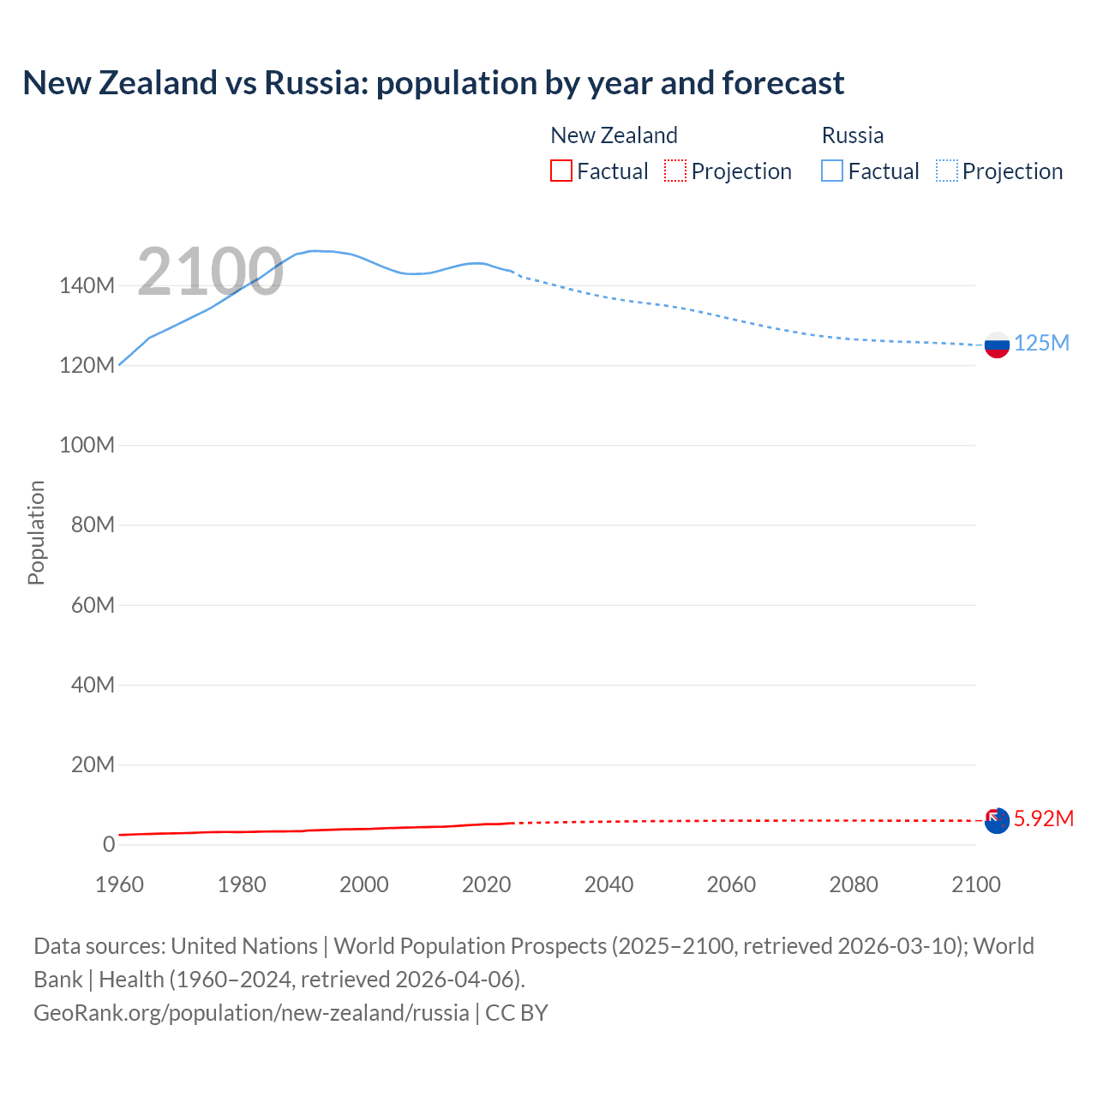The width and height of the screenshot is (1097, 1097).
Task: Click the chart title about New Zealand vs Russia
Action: pyautogui.click(x=433, y=83)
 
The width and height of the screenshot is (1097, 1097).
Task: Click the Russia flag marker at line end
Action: pyautogui.click(x=997, y=345)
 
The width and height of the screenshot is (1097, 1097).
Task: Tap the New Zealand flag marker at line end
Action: pyautogui.click(x=997, y=820)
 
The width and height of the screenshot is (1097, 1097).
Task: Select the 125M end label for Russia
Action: pyautogui.click(x=1041, y=344)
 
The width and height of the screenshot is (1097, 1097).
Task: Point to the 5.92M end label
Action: pyautogui.click(x=1043, y=818)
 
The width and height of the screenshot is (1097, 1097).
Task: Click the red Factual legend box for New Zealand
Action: pyautogui.click(x=561, y=171)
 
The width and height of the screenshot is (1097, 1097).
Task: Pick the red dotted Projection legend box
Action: pyautogui.click(x=675, y=171)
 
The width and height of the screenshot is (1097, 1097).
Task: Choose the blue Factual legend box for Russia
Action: pyautogui.click(x=832, y=171)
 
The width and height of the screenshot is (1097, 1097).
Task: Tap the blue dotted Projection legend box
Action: pyautogui.click(x=947, y=171)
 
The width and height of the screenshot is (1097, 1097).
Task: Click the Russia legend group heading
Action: pyautogui.click(x=852, y=135)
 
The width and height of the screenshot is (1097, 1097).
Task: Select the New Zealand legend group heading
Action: pyautogui.click(x=614, y=135)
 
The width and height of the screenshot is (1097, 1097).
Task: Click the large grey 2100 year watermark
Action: pyautogui.click(x=210, y=272)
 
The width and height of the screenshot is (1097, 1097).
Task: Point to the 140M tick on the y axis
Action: pyautogui.click(x=87, y=285)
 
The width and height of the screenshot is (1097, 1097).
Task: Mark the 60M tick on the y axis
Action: pyautogui.click(x=92, y=605)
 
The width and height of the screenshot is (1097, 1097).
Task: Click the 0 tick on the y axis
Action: pyautogui.click(x=108, y=844)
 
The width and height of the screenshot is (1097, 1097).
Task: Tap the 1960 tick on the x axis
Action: pyautogui.click(x=119, y=884)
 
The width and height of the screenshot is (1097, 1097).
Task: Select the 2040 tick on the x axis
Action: pyautogui.click(x=608, y=884)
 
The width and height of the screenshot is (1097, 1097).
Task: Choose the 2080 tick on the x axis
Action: pyautogui.click(x=854, y=884)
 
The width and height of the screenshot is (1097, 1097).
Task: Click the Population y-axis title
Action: pyautogui.click(x=36, y=532)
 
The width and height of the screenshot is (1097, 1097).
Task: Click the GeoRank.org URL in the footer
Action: pyautogui.click(x=251, y=1013)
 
